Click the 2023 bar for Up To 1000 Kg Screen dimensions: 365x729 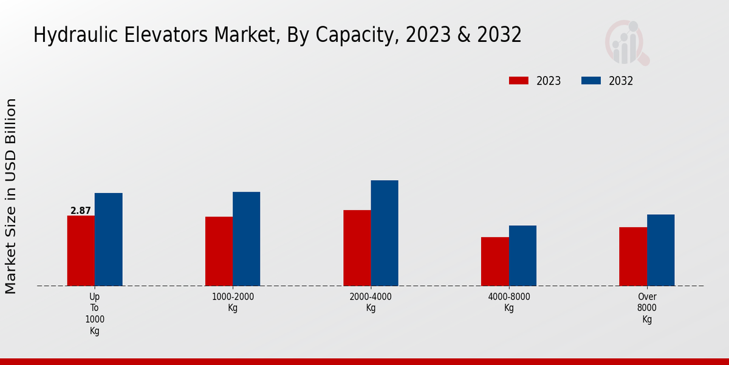click(81, 251)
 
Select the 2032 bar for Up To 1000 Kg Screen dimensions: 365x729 click(109, 239)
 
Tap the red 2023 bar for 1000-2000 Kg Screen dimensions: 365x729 click(219, 251)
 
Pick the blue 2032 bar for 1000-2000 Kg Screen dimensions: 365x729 click(247, 238)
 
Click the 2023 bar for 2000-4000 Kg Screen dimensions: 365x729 click(357, 248)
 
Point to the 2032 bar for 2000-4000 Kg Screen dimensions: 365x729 click(385, 233)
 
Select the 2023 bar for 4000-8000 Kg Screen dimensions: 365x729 click(495, 261)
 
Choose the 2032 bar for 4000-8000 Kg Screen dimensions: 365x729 click(522, 255)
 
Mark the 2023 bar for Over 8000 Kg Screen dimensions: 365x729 click(633, 256)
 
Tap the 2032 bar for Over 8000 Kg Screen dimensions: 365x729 click(661, 250)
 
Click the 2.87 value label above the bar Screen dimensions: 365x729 click(81, 211)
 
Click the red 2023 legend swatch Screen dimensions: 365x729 click(519, 81)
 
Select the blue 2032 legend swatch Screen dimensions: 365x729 click(591, 81)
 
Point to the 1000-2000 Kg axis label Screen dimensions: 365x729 click(233, 302)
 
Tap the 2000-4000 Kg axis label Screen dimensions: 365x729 click(371, 302)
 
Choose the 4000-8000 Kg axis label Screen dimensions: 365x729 click(509, 302)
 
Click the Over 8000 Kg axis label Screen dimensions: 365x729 click(647, 308)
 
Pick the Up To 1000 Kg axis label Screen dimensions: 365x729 click(95, 314)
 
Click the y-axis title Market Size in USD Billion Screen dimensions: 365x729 click(11, 196)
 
